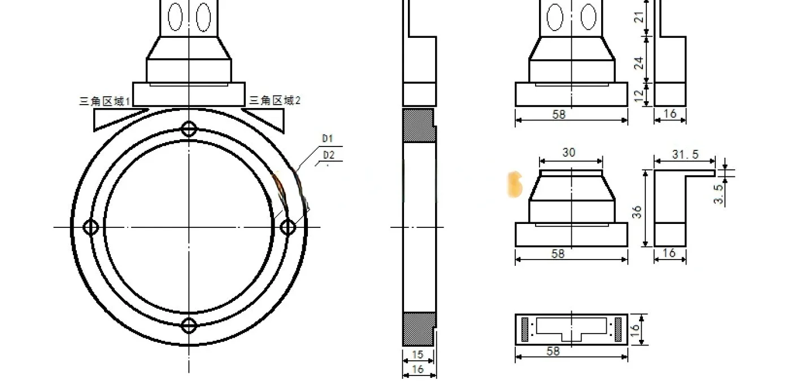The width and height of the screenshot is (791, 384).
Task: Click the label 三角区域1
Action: pos(105,101)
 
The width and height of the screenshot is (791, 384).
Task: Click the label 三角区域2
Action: pos(275,100)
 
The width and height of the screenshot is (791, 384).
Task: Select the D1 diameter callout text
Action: pos(328,139)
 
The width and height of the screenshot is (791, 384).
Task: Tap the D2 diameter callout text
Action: pos(329,155)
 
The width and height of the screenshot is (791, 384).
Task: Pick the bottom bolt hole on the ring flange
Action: pos(189,326)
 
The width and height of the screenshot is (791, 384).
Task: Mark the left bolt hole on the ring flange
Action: pos(91,227)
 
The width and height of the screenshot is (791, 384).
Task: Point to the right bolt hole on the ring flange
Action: pos(288,227)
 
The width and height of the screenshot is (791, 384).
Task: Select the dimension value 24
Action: pos(639,62)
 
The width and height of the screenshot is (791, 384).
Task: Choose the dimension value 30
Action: pos(569,153)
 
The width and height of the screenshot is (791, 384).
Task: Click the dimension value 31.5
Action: pos(685,154)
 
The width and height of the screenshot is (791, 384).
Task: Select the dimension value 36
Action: pos(637,212)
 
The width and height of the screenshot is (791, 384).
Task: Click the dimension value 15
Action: pos(418,355)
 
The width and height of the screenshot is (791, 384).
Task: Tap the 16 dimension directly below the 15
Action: pos(418,369)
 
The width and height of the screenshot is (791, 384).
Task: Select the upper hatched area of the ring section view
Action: pos(418,125)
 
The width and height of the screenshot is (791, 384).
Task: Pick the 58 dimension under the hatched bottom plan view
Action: pos(554,351)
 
